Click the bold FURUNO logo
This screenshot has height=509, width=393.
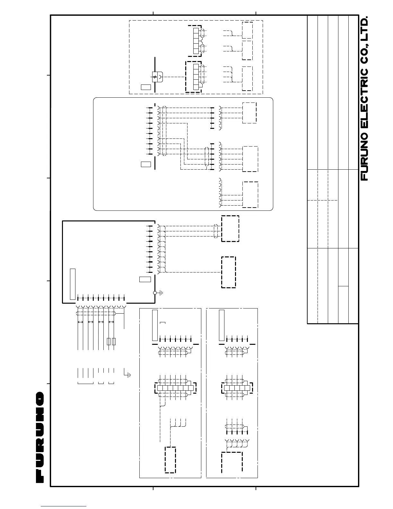(x=40, y=437)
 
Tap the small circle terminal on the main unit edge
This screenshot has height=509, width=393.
(x=155, y=293)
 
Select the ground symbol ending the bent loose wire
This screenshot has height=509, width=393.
(x=128, y=375)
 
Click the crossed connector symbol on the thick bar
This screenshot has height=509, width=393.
(x=155, y=77)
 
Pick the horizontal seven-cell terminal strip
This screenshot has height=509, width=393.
(x=175, y=388)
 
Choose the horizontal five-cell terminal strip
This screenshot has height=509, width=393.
(x=237, y=388)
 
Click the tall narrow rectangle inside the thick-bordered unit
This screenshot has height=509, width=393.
(x=73, y=284)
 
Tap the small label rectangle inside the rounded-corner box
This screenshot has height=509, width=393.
(x=146, y=164)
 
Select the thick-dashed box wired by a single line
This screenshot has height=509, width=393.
(x=228, y=272)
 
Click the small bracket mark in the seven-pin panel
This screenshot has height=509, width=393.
(x=162, y=322)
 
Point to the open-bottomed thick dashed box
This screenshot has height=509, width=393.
(x=231, y=462)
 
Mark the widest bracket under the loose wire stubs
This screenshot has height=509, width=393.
(x=85, y=383)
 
